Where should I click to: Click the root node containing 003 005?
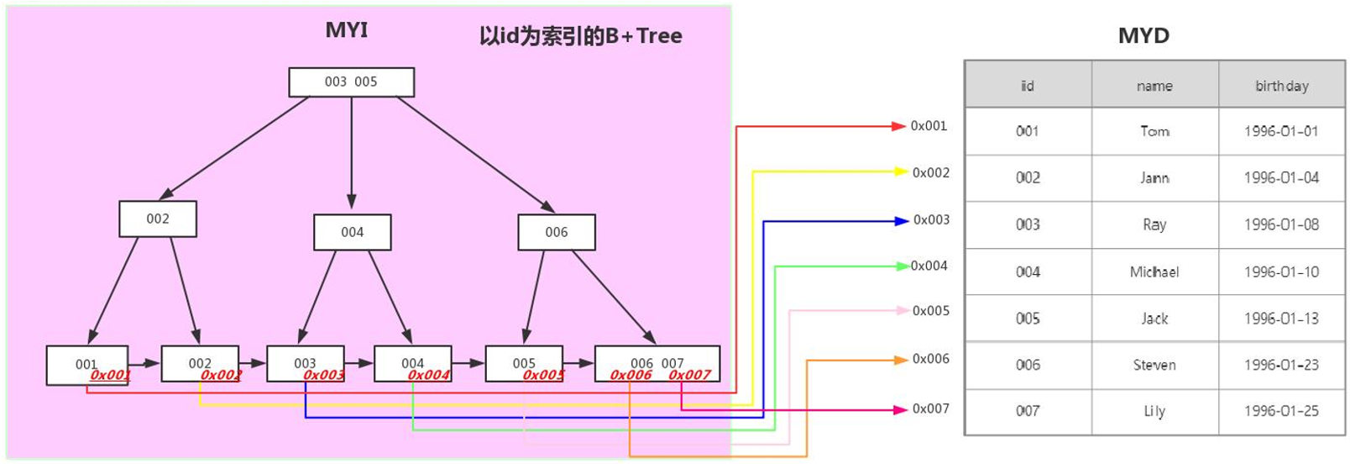(x=351, y=82)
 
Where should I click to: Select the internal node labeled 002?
(x=158, y=219)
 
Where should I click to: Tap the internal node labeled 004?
(x=352, y=232)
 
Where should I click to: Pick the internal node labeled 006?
(x=557, y=232)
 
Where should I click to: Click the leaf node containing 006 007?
(x=657, y=363)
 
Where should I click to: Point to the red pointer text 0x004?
(x=428, y=375)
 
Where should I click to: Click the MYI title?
(x=347, y=30)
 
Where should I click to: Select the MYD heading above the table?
(x=1143, y=35)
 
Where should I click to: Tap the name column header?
(x=1154, y=86)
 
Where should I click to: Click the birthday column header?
(x=1281, y=86)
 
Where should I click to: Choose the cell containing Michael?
(x=1154, y=272)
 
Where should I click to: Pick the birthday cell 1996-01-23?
(x=1281, y=365)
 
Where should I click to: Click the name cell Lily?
(x=1154, y=411)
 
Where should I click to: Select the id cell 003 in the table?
(x=1028, y=224)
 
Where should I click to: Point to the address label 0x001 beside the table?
(x=929, y=126)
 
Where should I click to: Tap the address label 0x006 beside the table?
(x=931, y=359)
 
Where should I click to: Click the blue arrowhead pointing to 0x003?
(x=902, y=221)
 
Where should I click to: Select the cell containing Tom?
(x=1154, y=131)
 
